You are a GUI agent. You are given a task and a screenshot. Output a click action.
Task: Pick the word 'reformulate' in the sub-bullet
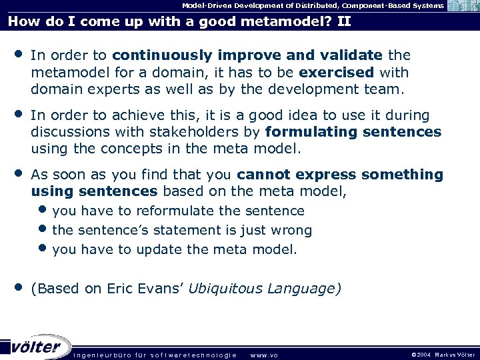[175, 211]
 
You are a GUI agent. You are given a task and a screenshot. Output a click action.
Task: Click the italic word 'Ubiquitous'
[225, 289]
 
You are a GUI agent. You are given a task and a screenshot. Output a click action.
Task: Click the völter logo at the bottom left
[37, 347]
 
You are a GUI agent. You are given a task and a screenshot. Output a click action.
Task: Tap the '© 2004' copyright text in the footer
[417, 355]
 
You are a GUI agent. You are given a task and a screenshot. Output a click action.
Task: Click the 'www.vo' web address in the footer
[264, 355]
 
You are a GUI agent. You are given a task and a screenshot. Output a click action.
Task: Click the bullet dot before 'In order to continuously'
[17, 53]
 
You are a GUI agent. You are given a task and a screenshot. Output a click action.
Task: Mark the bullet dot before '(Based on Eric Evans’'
[17, 287]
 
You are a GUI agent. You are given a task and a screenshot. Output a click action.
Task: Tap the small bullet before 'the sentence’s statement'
[43, 230]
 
